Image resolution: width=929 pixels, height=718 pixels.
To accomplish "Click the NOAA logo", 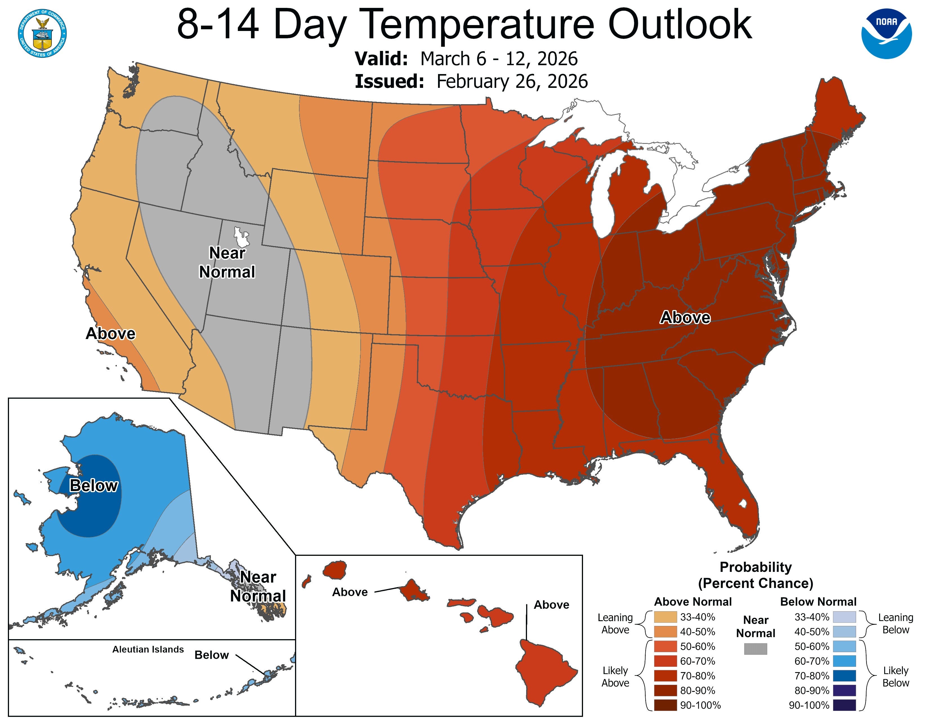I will [x=886, y=33].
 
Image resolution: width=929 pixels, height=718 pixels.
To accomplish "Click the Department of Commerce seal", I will [x=42, y=34].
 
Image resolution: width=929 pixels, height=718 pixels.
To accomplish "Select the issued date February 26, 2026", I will [x=512, y=81].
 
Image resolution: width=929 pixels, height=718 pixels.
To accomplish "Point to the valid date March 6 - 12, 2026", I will [x=499, y=59].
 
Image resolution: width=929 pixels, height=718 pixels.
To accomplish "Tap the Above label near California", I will [x=111, y=333].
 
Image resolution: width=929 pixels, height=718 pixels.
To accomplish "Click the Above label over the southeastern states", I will [x=685, y=317].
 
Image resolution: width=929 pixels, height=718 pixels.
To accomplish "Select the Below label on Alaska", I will [x=93, y=485].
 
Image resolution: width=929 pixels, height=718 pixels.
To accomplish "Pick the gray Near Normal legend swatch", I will [x=756, y=649].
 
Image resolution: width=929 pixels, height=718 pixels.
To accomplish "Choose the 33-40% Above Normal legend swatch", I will [x=665, y=617].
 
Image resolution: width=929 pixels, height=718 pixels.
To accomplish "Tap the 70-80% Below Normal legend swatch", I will [x=844, y=676].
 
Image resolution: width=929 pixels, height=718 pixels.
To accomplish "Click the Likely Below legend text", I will [x=895, y=677].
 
